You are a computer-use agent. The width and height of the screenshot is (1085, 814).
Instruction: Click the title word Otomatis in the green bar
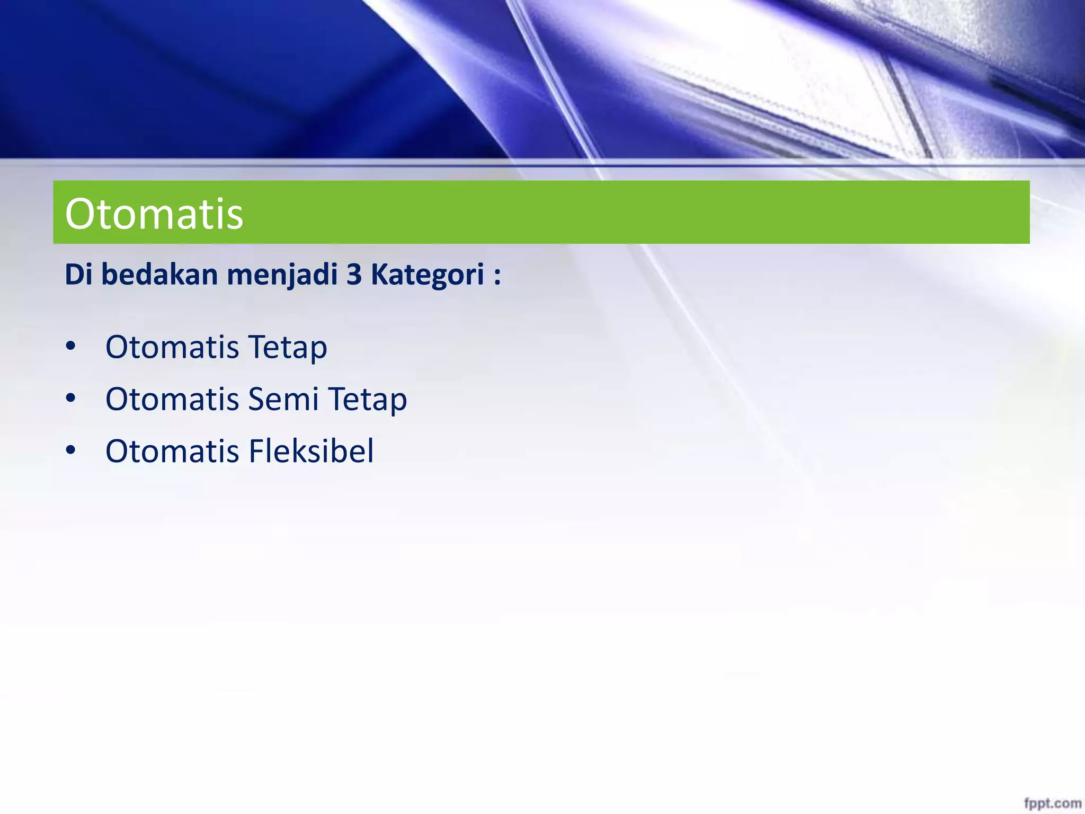pyautogui.click(x=154, y=214)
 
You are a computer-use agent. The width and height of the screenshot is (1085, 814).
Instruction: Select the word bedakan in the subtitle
pyautogui.click(x=159, y=275)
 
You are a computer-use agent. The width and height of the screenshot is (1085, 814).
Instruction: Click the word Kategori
pyautogui.click(x=427, y=276)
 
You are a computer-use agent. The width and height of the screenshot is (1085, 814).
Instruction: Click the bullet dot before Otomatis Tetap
pyautogui.click(x=71, y=347)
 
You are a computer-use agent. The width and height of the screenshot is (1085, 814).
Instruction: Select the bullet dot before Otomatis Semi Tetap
pyautogui.click(x=71, y=399)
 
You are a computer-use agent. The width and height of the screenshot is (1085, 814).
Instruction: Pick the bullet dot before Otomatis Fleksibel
pyautogui.click(x=71, y=450)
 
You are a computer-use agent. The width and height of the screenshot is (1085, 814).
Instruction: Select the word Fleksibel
pyautogui.click(x=311, y=451)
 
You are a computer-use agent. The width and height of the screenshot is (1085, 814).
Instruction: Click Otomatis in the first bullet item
pyautogui.click(x=172, y=348)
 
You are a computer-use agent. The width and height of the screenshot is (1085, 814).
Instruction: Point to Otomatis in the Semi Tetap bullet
pyautogui.click(x=172, y=399)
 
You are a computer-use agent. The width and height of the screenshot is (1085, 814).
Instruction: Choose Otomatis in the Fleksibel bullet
pyautogui.click(x=172, y=451)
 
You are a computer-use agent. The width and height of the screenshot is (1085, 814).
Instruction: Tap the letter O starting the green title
pyautogui.click(x=79, y=214)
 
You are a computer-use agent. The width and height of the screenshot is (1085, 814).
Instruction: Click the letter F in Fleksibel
pyautogui.click(x=256, y=451)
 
